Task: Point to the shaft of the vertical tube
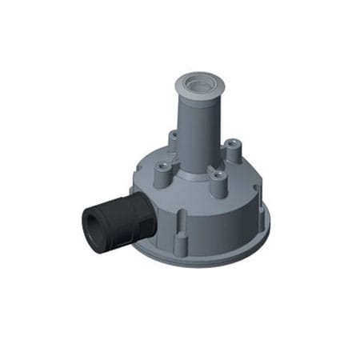pyautogui.click(x=195, y=128)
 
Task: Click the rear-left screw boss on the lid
pyautogui.click(x=174, y=141)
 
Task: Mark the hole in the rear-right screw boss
pyautogui.click(x=232, y=144)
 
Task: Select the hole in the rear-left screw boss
pyautogui.click(x=174, y=134)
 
